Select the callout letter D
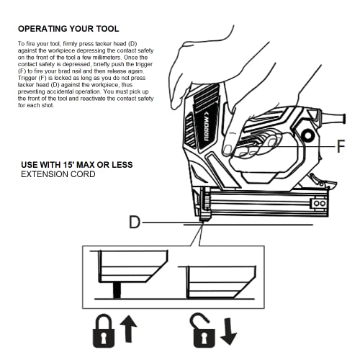click(x=135, y=222)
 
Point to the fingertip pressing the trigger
click(x=230, y=150)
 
